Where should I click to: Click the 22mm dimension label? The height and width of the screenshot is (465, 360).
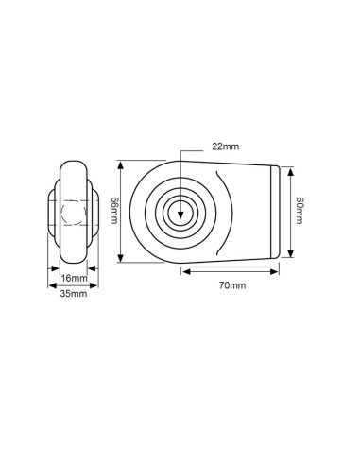(225, 146)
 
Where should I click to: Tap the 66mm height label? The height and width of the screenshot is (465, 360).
(114, 211)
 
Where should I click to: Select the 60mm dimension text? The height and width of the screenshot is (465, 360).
(300, 211)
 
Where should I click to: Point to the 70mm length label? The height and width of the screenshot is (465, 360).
(232, 285)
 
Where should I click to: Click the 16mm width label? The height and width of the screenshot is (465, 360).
(74, 278)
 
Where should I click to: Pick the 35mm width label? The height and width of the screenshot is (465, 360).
(74, 294)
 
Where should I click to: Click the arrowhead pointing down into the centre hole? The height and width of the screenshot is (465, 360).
(180, 215)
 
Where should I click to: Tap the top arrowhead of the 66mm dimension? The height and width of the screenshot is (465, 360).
(121, 164)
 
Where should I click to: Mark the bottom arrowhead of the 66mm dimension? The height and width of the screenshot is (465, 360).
(121, 258)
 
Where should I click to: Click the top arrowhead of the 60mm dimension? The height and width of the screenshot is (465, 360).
(291, 172)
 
